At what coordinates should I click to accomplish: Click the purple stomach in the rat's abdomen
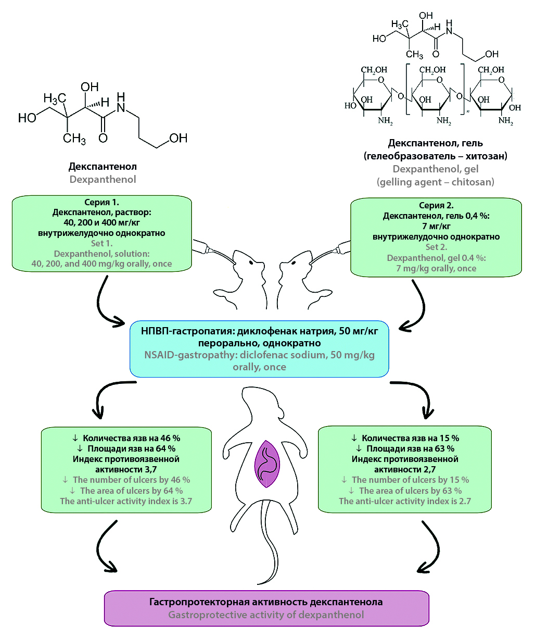click(x=267, y=464)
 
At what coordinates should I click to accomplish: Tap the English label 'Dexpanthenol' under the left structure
click(x=103, y=179)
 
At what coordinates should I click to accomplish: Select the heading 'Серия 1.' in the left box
click(x=102, y=202)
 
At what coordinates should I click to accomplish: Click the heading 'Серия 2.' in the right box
click(x=436, y=205)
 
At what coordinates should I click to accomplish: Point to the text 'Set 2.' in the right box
click(x=436, y=247)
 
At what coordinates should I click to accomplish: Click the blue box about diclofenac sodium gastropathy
click(x=259, y=348)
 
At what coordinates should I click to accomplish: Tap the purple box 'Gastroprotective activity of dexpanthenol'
click(x=266, y=608)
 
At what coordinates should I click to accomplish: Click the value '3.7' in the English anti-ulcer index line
click(x=186, y=501)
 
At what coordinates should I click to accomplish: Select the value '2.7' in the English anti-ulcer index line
click(x=465, y=501)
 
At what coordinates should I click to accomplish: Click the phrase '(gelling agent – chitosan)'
click(x=436, y=182)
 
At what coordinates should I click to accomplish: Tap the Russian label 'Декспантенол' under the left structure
click(x=103, y=167)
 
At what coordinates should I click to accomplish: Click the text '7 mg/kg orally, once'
click(x=436, y=268)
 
